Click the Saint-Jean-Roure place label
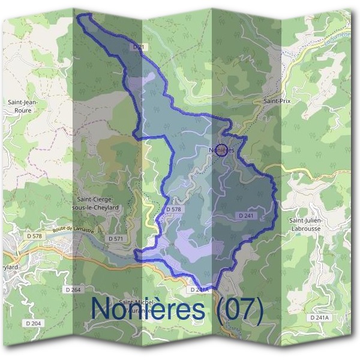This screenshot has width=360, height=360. click(x=23, y=106)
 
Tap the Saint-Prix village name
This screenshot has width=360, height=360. click(x=277, y=102)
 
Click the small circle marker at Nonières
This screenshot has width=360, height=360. click(x=221, y=151)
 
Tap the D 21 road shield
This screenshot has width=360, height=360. click(x=138, y=46)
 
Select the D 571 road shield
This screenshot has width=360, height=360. click(x=116, y=238)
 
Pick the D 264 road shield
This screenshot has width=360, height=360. click(x=71, y=289)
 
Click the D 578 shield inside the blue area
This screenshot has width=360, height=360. click(x=173, y=209)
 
